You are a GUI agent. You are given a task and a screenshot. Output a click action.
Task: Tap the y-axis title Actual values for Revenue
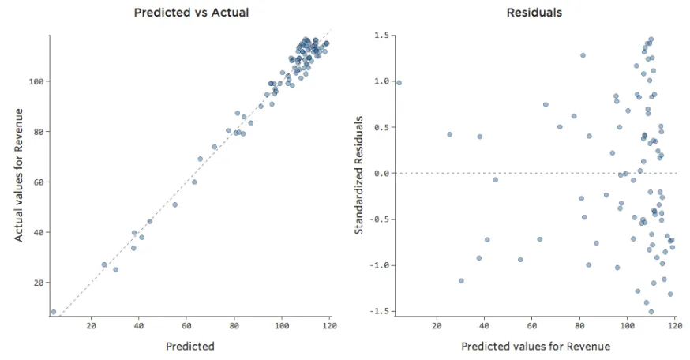point(19,175)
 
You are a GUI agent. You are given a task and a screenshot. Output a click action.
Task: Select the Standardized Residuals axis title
point(358,175)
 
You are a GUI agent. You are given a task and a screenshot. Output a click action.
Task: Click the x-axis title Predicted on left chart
point(189,346)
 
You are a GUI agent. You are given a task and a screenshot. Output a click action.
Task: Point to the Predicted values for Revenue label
point(535,346)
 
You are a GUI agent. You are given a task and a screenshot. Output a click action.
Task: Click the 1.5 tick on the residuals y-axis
point(381,36)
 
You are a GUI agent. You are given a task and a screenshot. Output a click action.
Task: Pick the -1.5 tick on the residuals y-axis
point(380,312)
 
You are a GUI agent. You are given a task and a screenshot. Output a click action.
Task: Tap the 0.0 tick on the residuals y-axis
point(381,173)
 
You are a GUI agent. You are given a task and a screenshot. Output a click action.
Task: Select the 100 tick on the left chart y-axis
point(36,81)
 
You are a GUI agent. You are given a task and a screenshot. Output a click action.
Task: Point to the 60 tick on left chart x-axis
point(186,325)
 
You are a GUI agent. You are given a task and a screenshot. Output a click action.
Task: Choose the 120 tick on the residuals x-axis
point(674,325)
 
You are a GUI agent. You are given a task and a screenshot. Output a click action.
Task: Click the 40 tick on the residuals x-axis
point(484,325)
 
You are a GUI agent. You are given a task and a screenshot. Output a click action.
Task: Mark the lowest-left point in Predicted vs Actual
point(54,312)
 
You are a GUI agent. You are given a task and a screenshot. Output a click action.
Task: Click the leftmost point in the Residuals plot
point(399,82)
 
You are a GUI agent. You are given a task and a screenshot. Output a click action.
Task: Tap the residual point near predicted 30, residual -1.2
point(461,280)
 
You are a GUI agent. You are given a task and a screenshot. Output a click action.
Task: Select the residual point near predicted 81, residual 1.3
point(583,55)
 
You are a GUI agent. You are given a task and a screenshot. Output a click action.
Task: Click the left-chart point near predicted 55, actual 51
point(174,204)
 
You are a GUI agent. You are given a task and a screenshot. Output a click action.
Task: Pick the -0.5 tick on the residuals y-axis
point(380,219)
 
